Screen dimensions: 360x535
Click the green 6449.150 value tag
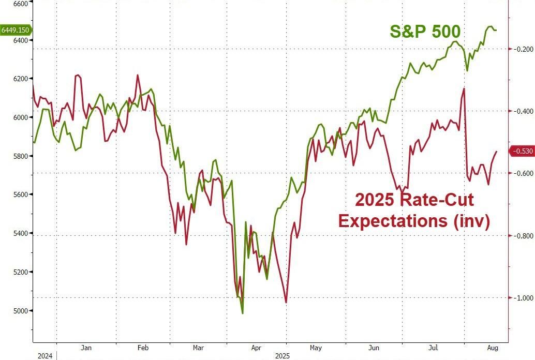point(15,30)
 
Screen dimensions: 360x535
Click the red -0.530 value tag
point(521,151)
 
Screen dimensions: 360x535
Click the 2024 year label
point(45,356)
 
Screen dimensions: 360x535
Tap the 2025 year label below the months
point(282,356)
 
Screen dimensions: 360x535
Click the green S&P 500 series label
point(425,32)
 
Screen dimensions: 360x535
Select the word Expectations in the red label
point(392,220)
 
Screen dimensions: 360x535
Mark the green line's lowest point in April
point(243,313)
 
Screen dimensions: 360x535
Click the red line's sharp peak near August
point(464,88)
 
